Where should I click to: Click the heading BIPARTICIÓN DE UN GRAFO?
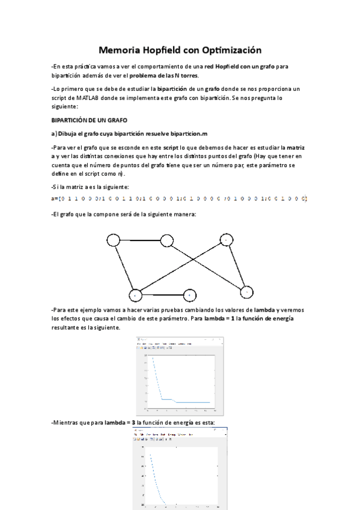[90, 120]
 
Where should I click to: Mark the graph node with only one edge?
[189, 295]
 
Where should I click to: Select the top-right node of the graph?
[225, 239]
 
